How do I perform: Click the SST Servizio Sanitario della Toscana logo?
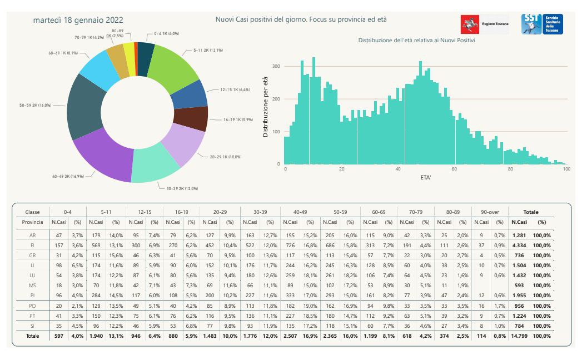click(x=542, y=24)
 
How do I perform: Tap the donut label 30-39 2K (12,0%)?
click(x=182, y=188)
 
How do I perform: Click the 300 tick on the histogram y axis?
click(x=276, y=66)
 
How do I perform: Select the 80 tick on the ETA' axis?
click(x=510, y=169)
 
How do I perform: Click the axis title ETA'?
click(x=425, y=178)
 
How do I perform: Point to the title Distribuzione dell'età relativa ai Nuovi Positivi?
click(x=416, y=41)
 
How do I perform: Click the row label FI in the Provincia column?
click(x=32, y=245)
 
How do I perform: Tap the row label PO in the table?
click(x=32, y=305)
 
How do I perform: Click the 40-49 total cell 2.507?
click(x=290, y=336)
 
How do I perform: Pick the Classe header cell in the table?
click(x=32, y=212)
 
